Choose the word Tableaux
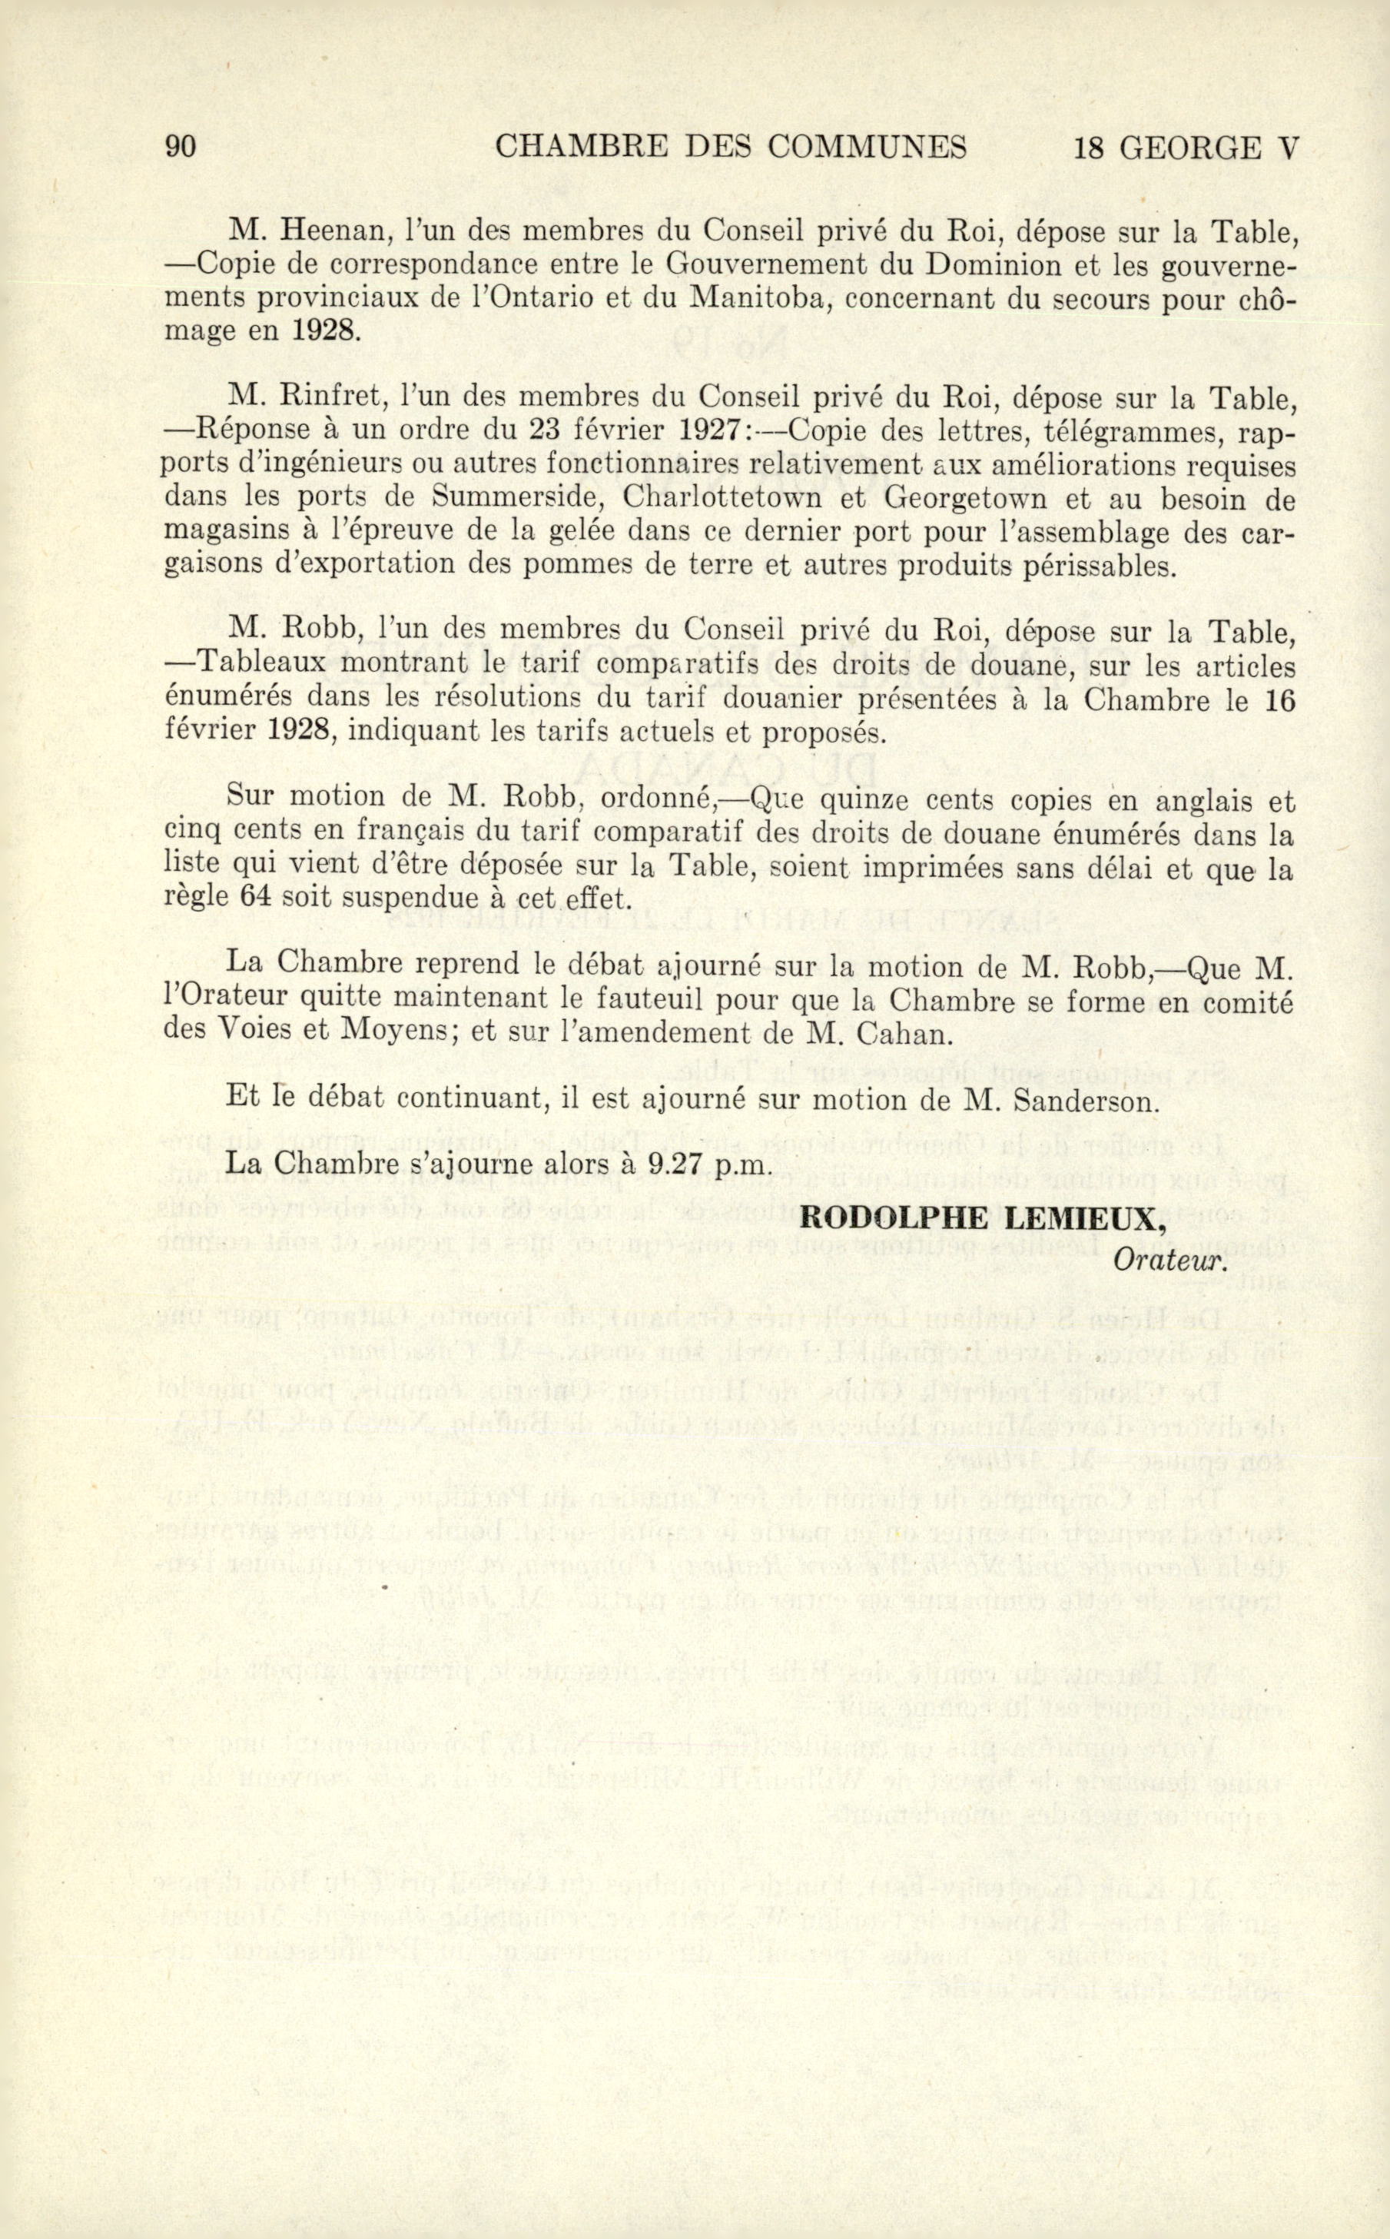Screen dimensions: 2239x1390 pyautogui.click(x=264, y=666)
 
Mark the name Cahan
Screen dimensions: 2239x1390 pyautogui.click(x=901, y=1034)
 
